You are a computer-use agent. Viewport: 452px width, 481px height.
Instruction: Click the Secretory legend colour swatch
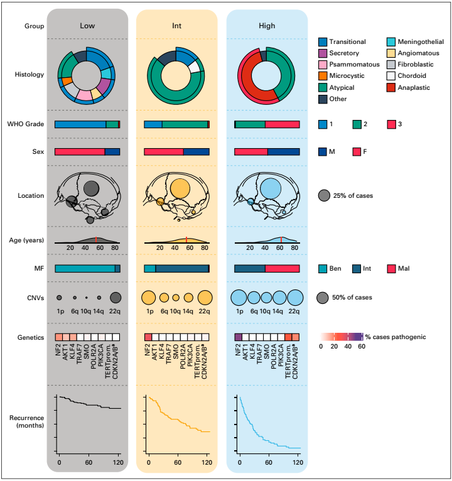323,53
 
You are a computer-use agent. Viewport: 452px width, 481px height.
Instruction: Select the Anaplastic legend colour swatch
392,87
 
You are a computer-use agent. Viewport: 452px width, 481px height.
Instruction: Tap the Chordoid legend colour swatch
392,76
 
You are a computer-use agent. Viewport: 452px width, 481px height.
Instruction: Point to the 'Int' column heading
177,26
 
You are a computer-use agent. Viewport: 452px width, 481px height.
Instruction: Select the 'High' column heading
267,26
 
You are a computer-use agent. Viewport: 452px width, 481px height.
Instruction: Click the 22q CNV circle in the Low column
116,298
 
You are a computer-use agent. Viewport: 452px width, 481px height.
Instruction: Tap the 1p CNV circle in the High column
239,298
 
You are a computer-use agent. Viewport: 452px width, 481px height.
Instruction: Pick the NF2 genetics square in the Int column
149,337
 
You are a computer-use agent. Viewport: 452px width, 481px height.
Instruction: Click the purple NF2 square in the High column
239,337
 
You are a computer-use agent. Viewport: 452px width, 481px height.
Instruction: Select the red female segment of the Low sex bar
80,151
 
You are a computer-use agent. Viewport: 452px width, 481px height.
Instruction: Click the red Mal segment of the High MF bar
282,268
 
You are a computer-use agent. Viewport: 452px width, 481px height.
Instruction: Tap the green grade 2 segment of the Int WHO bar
185,124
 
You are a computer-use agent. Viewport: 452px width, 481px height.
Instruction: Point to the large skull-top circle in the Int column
180,188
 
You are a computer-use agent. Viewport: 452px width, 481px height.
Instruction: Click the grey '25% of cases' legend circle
324,195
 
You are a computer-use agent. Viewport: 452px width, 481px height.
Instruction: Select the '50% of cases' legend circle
324,298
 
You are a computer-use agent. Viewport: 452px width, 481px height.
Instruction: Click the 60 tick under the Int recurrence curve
178,463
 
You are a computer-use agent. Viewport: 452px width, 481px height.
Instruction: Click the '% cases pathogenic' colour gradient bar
342,337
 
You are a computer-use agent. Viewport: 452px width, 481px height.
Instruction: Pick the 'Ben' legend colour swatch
323,268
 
